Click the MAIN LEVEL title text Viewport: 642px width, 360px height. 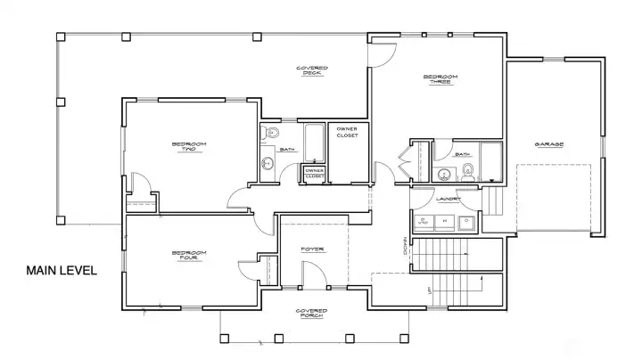point(61,271)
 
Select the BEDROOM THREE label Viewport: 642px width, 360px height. point(440,80)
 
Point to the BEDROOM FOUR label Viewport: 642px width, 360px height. point(188,256)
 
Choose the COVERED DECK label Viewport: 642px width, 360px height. point(311,70)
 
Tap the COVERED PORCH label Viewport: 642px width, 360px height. point(311,314)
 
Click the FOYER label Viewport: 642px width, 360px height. point(311,249)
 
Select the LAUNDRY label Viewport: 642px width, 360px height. point(448,199)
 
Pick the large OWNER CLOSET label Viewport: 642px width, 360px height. point(347,133)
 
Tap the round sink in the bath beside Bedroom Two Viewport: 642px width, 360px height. point(267,163)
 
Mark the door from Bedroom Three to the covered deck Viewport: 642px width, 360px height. point(382,51)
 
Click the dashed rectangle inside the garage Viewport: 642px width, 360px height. point(554,198)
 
